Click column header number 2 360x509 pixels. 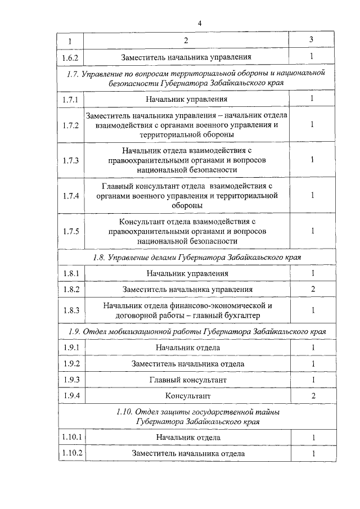coord(186,41)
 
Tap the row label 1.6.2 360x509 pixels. coord(71,57)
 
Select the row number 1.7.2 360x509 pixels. coord(71,125)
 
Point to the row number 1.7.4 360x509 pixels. coord(71,196)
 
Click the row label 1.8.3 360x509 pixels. coord(71,310)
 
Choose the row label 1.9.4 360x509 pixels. coord(71,396)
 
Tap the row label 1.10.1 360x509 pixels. coord(71,438)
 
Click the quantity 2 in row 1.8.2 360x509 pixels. coord(312,289)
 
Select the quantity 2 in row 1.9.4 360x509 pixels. coord(312,396)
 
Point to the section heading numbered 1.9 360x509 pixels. coord(193,331)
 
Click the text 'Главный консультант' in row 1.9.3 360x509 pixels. coord(188,380)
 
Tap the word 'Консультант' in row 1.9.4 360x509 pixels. coord(188,396)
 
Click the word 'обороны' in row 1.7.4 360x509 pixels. coord(188,206)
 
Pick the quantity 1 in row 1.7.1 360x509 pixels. coord(312,99)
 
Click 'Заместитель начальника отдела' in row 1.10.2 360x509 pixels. coord(188,453)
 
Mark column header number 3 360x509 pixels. coord(312,40)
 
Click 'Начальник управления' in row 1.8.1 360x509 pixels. coord(188,273)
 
